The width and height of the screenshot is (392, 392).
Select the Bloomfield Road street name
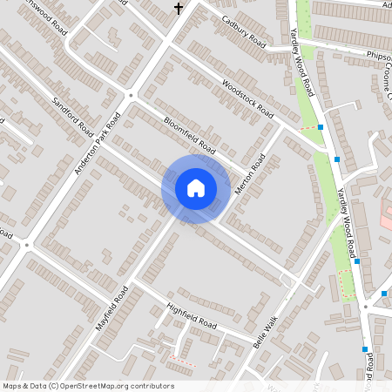click(189, 137)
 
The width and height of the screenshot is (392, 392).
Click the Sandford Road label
click(72, 115)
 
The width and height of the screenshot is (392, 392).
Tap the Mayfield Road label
click(112, 311)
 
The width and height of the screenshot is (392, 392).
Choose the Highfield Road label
click(191, 315)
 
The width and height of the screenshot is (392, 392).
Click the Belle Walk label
click(269, 330)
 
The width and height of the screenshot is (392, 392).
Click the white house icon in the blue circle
click(196, 188)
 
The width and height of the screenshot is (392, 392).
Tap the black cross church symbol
click(179, 9)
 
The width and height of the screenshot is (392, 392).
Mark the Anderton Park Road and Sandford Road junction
click(131, 94)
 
